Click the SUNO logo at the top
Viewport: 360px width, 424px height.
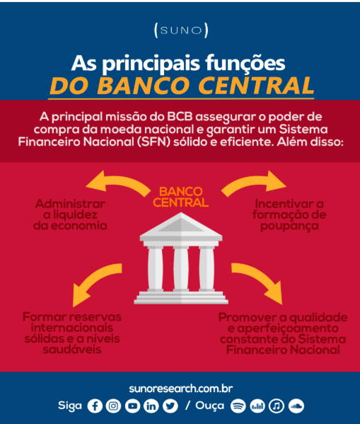point(181,30)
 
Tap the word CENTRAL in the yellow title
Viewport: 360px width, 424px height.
point(256,86)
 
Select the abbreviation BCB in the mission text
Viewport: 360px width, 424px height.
point(180,117)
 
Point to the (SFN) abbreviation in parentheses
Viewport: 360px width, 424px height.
point(153,142)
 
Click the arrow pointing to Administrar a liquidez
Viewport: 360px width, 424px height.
point(118,182)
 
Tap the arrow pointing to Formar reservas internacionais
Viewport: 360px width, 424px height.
point(94,283)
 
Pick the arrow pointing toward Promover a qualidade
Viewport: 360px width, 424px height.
point(260,281)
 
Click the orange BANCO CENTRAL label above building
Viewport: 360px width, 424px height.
point(180,197)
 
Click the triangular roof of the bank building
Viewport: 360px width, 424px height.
point(181,225)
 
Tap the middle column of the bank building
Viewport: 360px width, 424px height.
point(181,268)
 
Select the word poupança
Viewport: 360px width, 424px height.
point(289,227)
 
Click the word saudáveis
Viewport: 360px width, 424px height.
point(72,350)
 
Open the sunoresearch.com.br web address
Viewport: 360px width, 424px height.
point(181,389)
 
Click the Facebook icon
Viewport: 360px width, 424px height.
point(95,406)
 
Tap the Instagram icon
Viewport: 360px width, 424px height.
point(113,406)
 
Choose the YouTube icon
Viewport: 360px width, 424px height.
point(132,406)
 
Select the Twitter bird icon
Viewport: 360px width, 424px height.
point(170,406)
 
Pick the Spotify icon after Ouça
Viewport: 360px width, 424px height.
point(238,406)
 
